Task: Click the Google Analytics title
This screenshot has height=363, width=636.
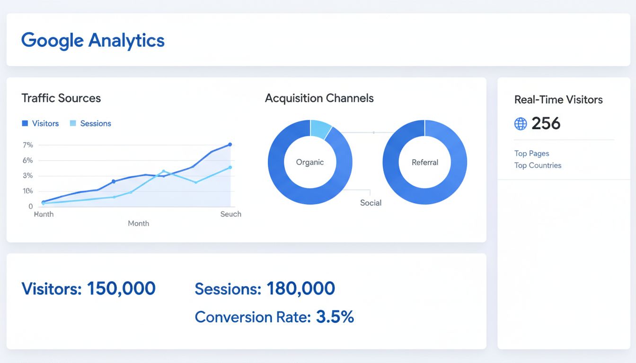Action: tap(93, 40)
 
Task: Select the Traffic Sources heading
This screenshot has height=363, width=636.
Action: tap(61, 98)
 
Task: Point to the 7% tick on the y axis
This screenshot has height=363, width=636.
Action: tap(27, 145)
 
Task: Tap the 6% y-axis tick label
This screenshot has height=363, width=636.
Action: tap(27, 160)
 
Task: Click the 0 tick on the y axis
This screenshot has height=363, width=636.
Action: tap(31, 207)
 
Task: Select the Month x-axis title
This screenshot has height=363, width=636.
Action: tap(138, 223)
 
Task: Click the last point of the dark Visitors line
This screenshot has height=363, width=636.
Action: tap(230, 145)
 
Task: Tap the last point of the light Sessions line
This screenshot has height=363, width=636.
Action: tap(230, 167)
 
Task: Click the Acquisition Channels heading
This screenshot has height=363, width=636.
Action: tap(319, 98)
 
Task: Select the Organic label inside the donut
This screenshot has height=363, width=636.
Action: tap(310, 162)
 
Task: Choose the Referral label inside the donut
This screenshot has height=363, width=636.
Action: tap(425, 162)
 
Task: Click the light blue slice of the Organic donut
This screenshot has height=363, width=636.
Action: tap(320, 129)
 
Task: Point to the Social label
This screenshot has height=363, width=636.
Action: tap(371, 203)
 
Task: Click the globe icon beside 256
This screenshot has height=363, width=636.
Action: tap(521, 124)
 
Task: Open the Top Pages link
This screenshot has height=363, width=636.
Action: tap(531, 154)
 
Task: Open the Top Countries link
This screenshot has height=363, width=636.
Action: tap(538, 165)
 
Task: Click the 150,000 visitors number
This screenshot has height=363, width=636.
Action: tap(121, 288)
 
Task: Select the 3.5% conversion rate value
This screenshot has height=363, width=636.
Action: tap(335, 317)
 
